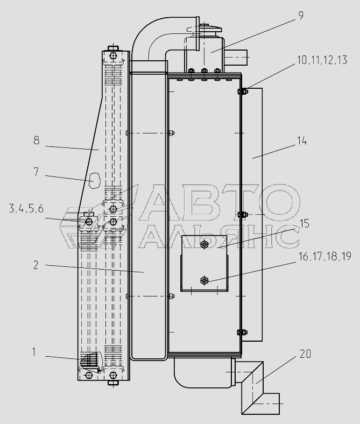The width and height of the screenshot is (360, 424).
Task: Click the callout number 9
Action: [x=300, y=16]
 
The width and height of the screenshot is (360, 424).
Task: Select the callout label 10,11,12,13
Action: [x=322, y=60]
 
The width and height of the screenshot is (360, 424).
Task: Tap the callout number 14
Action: [x=302, y=141]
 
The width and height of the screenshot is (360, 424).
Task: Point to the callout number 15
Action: [x=304, y=224]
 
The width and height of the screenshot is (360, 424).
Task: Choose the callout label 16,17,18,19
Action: [x=324, y=256]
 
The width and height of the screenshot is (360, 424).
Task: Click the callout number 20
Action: [x=305, y=354]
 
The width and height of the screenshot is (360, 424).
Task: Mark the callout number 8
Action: [x=37, y=140]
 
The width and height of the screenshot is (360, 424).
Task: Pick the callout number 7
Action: [x=36, y=172]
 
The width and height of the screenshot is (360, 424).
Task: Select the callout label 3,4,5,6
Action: [x=26, y=209]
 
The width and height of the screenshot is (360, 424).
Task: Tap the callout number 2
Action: [x=36, y=265]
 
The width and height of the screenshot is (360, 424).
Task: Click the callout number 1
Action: [x=34, y=352]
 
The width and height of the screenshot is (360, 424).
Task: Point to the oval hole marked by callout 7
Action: [x=95, y=180]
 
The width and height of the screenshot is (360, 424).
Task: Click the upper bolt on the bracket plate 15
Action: [x=204, y=245]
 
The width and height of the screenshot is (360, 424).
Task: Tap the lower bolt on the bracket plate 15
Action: [x=204, y=280]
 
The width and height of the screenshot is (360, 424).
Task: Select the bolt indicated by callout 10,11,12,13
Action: [x=243, y=91]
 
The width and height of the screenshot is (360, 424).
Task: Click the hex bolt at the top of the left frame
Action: [x=113, y=56]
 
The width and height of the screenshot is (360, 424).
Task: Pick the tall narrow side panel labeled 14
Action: [x=252, y=215]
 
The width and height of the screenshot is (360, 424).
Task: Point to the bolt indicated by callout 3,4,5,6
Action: [x=88, y=222]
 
